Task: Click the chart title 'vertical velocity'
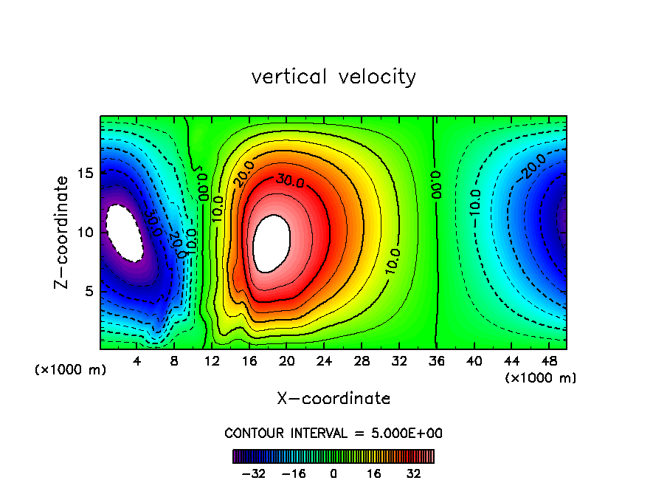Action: (x=333, y=77)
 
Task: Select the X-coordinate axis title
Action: (x=333, y=399)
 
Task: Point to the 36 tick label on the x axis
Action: (x=437, y=361)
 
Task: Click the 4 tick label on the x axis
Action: (x=137, y=361)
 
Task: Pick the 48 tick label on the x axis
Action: (x=549, y=361)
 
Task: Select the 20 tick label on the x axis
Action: (x=287, y=361)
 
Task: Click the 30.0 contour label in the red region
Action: (x=290, y=179)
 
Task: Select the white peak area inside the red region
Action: (x=272, y=242)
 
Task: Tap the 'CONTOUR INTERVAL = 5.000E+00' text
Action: (x=333, y=433)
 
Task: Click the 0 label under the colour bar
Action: (x=333, y=473)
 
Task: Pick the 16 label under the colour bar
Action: (x=374, y=473)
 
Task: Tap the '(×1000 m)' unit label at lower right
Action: (x=541, y=377)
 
